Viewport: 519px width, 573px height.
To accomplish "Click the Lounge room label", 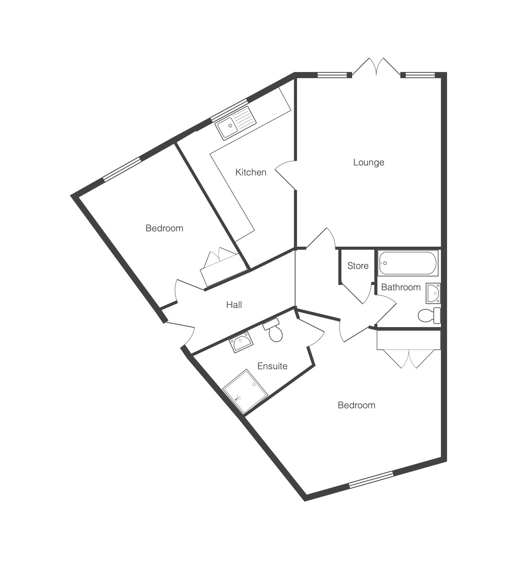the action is point(369,162).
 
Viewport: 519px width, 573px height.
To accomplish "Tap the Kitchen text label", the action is point(251,172).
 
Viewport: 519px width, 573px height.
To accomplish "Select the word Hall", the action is point(234,305).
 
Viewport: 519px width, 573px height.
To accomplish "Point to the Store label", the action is point(358,266).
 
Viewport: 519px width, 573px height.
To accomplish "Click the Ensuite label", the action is point(273,366).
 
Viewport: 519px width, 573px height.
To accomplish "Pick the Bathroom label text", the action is point(401,287).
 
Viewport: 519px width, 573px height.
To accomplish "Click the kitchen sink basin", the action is point(226,127).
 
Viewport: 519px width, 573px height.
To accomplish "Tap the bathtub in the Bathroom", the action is point(408,263).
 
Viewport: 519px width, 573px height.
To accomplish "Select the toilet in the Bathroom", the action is point(429,316).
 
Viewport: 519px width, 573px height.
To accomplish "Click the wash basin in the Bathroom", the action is point(433,293).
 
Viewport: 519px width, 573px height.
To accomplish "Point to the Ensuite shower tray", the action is point(245,391).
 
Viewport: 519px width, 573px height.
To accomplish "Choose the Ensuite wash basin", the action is point(241,342).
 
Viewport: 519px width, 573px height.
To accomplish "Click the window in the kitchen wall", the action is point(229,110).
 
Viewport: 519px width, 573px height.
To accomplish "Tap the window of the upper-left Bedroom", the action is point(122,169).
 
